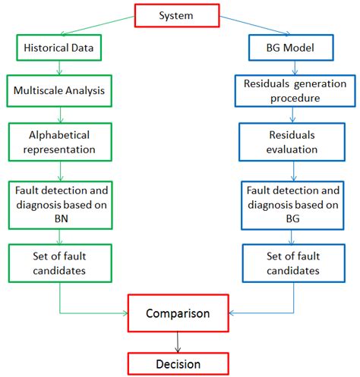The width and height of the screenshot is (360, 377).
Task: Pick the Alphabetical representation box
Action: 59,141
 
